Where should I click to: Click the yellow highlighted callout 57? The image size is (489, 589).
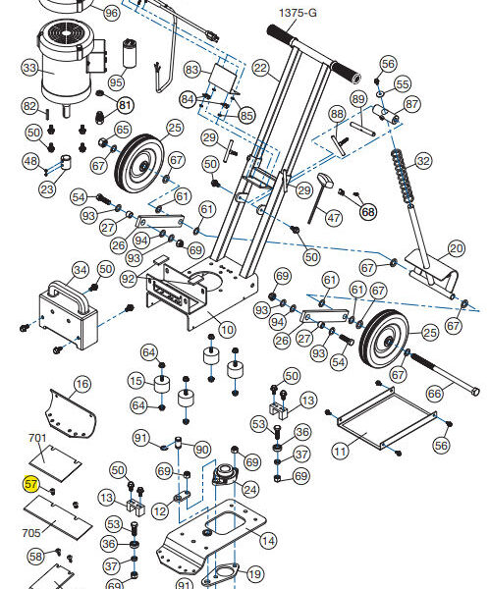[x=30, y=483]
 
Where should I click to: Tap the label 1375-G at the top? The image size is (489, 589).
[x=298, y=13]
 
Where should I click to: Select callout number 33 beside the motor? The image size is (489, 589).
[x=29, y=68]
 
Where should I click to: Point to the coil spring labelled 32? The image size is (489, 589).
[x=404, y=177]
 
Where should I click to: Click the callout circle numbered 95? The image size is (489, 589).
[x=117, y=82]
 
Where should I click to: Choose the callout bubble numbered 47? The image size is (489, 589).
[x=334, y=218]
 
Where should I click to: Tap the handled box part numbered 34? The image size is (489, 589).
[x=68, y=315]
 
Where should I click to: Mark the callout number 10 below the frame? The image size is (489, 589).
[x=228, y=330]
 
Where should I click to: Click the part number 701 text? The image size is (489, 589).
[x=37, y=438]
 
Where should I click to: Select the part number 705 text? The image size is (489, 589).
[x=31, y=533]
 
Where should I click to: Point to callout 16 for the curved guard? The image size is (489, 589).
[x=82, y=384]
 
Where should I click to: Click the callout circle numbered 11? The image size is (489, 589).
[x=340, y=451]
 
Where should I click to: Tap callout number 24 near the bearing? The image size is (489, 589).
[x=250, y=490]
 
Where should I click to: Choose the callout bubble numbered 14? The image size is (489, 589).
[x=268, y=541]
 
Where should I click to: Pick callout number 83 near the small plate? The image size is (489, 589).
[x=191, y=70]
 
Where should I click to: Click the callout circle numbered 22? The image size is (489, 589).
[x=260, y=68]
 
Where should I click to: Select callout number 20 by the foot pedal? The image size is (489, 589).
[x=457, y=248]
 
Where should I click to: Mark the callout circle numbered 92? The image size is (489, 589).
[x=129, y=279]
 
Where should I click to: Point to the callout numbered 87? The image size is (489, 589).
[x=412, y=104]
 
